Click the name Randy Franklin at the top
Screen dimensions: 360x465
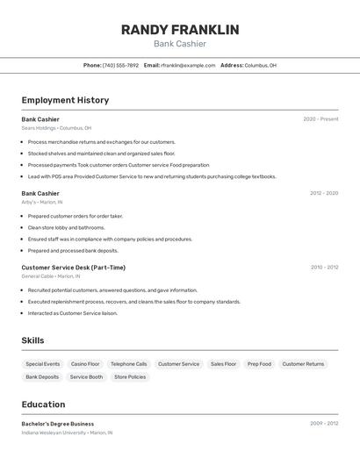click(180, 30)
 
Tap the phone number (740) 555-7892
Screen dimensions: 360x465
click(120, 65)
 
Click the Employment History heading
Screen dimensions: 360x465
click(65, 100)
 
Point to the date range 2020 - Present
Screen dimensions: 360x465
click(320, 119)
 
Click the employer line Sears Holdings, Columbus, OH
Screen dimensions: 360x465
click(56, 128)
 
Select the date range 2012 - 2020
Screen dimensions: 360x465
click(324, 193)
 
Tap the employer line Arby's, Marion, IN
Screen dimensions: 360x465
click(42, 202)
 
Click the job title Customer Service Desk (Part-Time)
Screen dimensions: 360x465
click(74, 268)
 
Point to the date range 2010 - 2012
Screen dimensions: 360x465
click(324, 268)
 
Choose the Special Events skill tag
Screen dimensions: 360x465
click(43, 363)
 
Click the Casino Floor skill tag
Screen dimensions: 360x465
click(85, 363)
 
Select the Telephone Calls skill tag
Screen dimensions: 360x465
click(129, 363)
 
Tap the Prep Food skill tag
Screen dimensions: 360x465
click(259, 363)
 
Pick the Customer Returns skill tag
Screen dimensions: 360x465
click(303, 363)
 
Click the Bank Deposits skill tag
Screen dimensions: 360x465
click(42, 377)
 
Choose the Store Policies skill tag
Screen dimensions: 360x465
click(130, 377)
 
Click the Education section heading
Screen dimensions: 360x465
click(43, 404)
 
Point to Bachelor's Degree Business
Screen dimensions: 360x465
click(58, 424)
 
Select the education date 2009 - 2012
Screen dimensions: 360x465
click(324, 424)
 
